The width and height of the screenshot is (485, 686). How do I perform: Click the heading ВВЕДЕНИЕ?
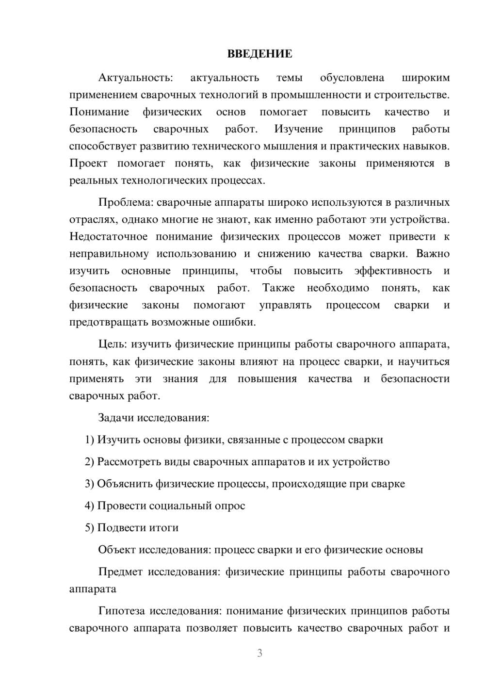[x=259, y=54]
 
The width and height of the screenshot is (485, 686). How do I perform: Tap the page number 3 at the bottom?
[x=259, y=653]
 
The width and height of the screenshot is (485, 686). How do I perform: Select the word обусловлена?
[x=352, y=78]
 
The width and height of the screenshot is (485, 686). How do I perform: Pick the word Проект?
[x=88, y=163]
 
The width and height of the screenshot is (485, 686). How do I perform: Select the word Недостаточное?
[x=108, y=237]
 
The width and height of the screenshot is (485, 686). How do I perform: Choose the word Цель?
[x=112, y=344]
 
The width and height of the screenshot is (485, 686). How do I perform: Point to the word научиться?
[x=424, y=361]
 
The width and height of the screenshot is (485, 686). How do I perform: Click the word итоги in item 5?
[x=164, y=527]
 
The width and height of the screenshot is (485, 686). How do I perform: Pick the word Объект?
[x=117, y=550]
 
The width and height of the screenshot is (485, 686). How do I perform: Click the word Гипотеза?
[x=122, y=611]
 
